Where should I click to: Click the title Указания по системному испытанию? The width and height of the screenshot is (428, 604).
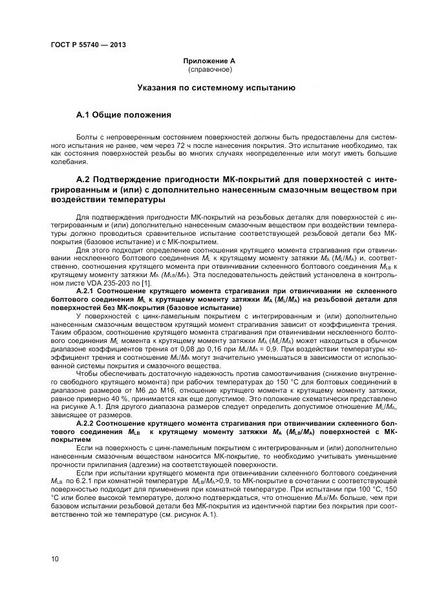(x=216, y=87)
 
